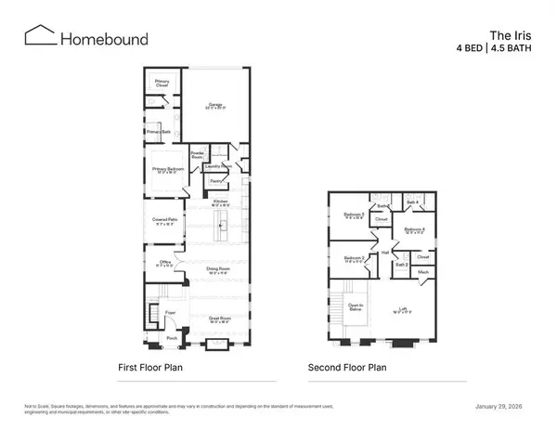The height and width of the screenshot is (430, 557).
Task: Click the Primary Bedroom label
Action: click(164, 169)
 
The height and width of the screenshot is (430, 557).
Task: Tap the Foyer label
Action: click(170, 313)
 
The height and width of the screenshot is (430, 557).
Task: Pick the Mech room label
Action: click(423, 271)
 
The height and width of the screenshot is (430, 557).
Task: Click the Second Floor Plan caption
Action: click(349, 368)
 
